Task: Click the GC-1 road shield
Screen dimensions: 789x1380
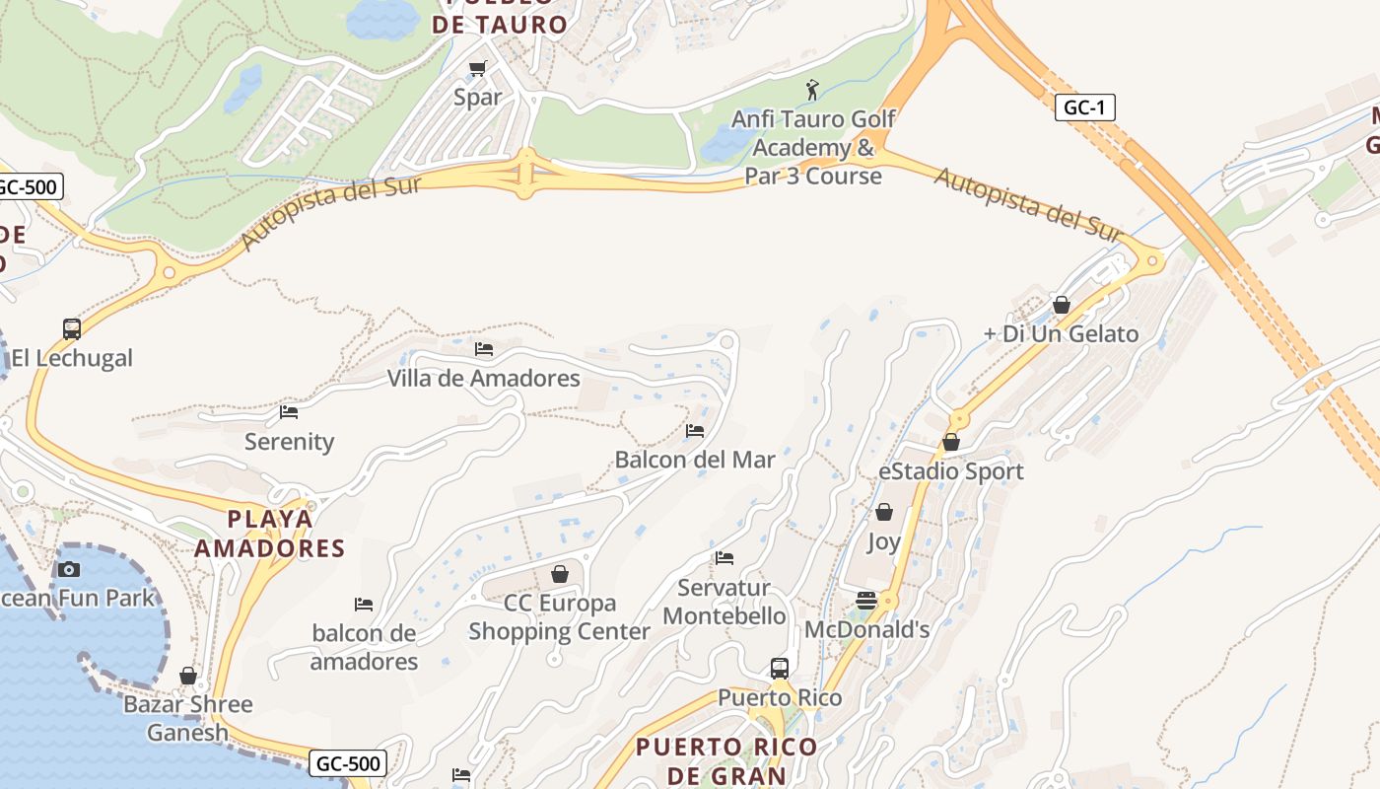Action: point(1084,108)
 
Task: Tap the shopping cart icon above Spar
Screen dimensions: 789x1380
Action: point(478,68)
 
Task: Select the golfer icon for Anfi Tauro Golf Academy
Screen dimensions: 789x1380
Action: point(812,90)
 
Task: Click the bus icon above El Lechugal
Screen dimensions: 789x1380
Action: point(72,328)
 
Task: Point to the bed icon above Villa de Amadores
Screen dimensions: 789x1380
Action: point(483,349)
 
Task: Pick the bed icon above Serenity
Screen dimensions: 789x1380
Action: point(289,412)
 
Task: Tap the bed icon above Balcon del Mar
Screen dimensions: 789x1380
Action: point(695,431)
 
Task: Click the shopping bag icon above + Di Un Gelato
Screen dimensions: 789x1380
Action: point(1062,305)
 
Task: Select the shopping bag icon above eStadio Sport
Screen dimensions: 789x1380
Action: point(951,442)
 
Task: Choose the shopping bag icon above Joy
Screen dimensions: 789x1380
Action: point(884,512)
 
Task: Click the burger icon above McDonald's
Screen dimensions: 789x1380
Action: point(866,600)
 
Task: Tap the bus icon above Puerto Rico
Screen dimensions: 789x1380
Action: point(780,668)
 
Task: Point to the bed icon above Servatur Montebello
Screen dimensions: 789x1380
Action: point(724,558)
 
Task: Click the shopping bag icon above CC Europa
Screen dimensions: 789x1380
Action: point(560,573)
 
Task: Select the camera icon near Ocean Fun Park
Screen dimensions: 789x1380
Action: point(69,568)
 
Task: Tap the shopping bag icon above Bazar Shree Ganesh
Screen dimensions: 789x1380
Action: point(188,676)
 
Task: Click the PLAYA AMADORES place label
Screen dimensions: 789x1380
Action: point(269,534)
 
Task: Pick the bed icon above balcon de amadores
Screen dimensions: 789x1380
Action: point(364,604)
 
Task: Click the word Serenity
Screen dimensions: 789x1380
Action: point(289,442)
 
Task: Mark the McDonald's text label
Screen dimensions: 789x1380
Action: point(866,629)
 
